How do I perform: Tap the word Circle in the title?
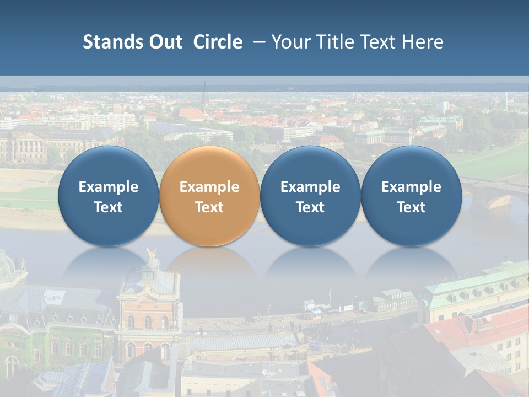point(218,42)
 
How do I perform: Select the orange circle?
point(209,196)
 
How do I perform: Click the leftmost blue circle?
point(108,196)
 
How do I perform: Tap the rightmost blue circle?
point(411,196)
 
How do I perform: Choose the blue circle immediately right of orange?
point(310,196)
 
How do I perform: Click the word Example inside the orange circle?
point(209,187)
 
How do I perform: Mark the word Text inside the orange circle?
point(209,207)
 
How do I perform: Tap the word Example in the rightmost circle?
point(411,187)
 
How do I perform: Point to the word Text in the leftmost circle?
point(108,207)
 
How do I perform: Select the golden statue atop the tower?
point(152,254)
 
